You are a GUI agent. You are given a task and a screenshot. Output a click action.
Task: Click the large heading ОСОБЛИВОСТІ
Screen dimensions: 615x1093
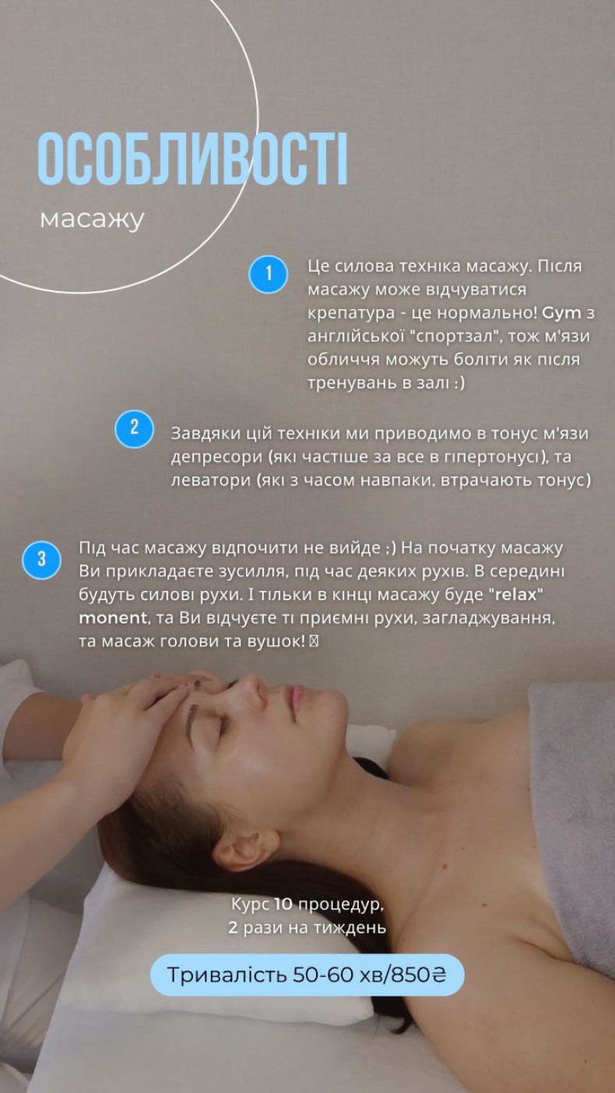192,159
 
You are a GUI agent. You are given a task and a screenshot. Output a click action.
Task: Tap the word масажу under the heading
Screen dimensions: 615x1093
92,220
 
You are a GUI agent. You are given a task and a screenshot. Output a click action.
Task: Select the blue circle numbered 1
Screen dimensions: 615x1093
268,274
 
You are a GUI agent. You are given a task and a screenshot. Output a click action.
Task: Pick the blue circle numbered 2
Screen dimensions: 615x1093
134,429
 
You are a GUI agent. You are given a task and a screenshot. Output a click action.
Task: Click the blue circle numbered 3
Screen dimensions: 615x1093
41,559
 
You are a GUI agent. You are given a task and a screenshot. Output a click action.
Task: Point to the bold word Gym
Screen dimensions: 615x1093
561,313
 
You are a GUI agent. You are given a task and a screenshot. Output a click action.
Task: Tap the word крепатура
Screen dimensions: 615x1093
351,313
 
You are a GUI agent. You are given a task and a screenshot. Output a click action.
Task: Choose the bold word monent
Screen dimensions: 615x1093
113,618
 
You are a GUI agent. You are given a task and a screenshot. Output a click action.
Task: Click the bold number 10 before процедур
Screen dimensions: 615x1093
283,904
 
